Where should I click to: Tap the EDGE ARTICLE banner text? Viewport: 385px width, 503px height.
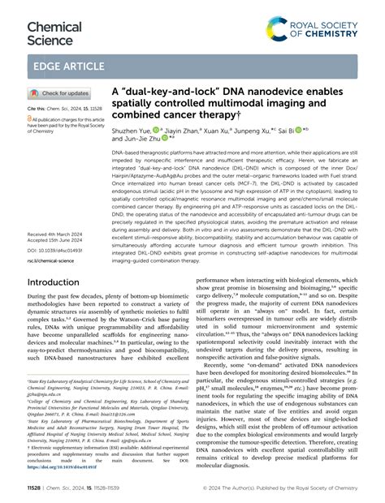click(x=67, y=66)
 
